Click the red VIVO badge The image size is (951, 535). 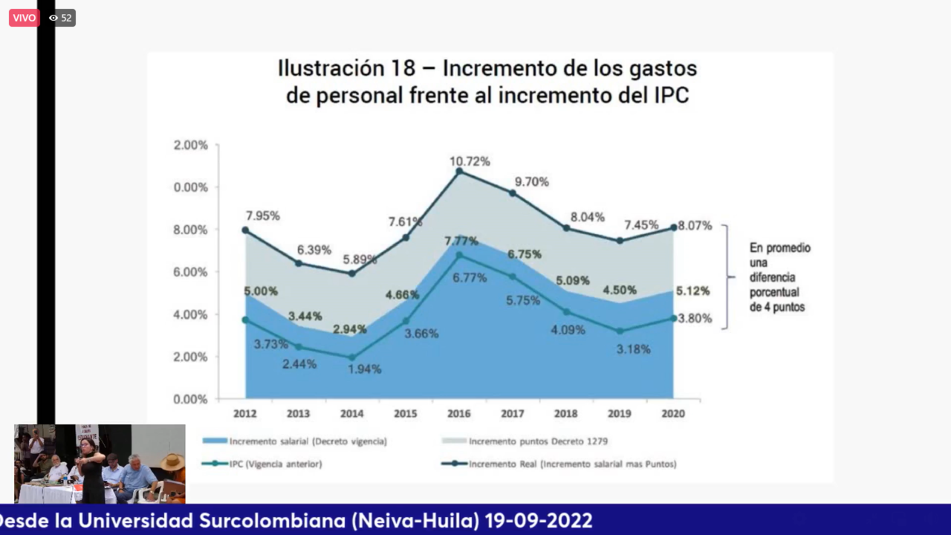point(24,18)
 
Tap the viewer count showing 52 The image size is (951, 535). point(61,18)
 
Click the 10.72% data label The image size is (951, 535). point(470,161)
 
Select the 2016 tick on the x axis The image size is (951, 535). point(459,413)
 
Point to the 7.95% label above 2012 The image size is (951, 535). point(262,215)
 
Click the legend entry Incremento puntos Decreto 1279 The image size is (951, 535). point(538,441)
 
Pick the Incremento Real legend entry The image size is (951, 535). point(572,464)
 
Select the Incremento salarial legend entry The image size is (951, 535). point(308,441)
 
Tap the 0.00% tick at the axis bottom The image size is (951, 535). point(190,399)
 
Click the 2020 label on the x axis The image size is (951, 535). point(673,413)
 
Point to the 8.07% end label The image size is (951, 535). point(695,225)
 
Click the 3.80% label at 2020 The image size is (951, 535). point(695,319)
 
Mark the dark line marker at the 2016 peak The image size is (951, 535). point(459,172)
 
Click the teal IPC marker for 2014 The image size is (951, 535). point(352,357)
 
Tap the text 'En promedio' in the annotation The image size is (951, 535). point(779,248)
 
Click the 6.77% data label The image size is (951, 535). point(470,278)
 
